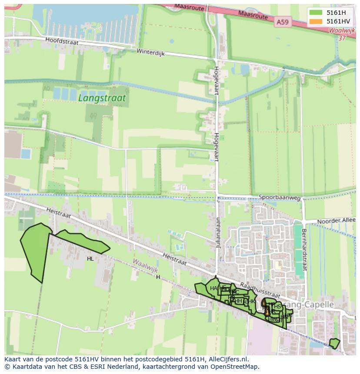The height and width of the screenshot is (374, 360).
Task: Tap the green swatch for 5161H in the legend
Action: tap(316, 13)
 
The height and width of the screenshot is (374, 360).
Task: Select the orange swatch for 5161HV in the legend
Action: tap(316, 21)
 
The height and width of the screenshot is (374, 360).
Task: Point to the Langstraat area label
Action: tap(102, 98)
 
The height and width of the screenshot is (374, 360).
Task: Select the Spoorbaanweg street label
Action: tap(280, 197)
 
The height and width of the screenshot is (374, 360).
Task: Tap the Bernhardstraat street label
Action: tap(304, 250)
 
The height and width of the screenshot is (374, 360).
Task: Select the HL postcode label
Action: tap(90, 259)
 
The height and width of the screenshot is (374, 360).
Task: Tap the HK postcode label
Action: tap(251, 301)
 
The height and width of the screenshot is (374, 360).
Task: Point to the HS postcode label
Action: tap(277, 307)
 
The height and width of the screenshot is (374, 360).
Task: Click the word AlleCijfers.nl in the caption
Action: tap(227, 359)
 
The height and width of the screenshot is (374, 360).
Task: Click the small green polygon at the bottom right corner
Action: tap(334, 343)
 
